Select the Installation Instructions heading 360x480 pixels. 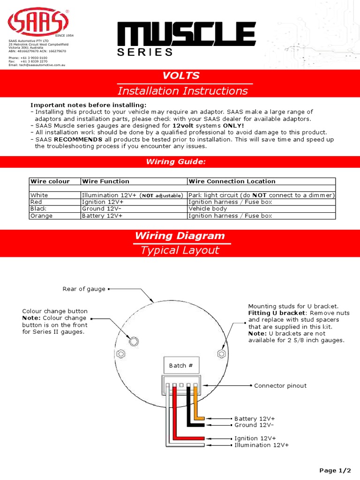(182, 91)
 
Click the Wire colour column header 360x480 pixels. (50, 181)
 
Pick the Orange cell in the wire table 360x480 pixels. (41, 216)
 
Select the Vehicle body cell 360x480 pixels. (207, 209)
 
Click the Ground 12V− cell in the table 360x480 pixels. (101, 209)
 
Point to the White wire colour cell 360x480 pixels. (39, 195)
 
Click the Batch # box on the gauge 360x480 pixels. (181, 365)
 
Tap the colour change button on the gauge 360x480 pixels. (134, 341)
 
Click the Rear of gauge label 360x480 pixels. (84, 289)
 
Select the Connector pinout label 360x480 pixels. (280, 386)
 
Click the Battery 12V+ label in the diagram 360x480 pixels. (255, 418)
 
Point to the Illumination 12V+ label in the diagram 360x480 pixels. (262, 445)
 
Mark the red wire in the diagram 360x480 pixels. (174, 412)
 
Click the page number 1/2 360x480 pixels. (335, 470)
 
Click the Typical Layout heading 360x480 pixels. (180, 250)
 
